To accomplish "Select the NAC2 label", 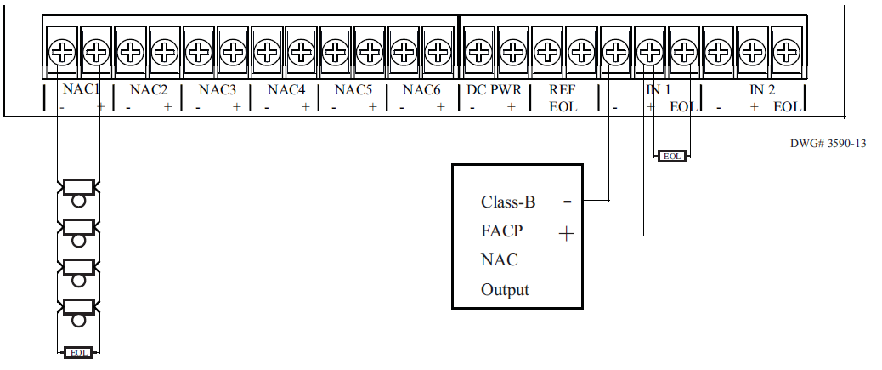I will pos(149,88).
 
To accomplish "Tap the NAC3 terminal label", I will pos(218,88).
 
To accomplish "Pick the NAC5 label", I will pos(353,88).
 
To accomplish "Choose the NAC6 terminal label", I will pos(421,88).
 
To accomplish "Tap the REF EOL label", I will pos(562,98).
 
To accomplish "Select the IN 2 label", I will pos(761,88).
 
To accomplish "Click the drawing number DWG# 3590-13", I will pos(828,144).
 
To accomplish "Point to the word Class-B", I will pos(508,202).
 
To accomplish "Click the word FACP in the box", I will pos(501,231).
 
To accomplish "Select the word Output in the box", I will pos(505,289).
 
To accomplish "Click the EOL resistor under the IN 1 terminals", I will pos(672,156).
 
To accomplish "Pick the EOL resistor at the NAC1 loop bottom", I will pos(78,350).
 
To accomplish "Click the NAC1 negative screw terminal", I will pos(60,54).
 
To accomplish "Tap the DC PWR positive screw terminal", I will pos(512,54).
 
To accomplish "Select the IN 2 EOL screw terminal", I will pos(787,54).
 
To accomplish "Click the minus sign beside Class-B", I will pos(566,202).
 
